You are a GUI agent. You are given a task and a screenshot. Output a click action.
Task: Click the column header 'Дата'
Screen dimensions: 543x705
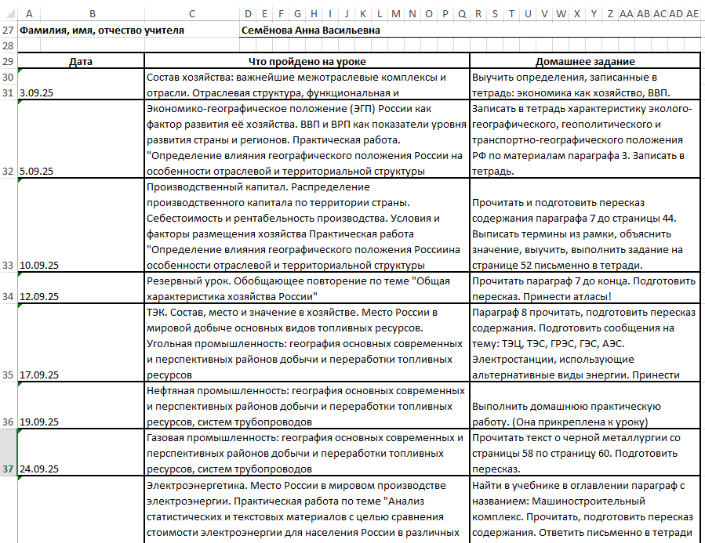pyautogui.click(x=81, y=61)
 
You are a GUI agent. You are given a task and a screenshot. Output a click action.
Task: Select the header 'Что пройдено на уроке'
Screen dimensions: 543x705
pyautogui.click(x=307, y=61)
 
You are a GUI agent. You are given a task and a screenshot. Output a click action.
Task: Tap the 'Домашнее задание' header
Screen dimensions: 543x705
pyautogui.click(x=584, y=61)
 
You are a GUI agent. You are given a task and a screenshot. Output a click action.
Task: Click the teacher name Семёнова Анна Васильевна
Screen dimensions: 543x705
pyautogui.click(x=312, y=31)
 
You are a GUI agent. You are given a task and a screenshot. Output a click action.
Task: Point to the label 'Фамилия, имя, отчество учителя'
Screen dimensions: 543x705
pyautogui.click(x=102, y=31)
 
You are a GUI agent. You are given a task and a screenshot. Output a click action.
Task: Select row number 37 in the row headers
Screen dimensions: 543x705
pyautogui.click(x=8, y=469)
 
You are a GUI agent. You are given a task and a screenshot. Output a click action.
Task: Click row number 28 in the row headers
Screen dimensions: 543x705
pyautogui.click(x=8, y=46)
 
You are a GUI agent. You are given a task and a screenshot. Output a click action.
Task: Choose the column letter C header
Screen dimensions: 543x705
pyautogui.click(x=193, y=13)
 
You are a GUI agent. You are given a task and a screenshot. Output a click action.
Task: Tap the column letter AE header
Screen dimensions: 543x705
pyautogui.click(x=692, y=13)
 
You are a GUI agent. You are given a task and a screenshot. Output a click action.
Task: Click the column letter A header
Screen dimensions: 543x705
pyautogui.click(x=28, y=13)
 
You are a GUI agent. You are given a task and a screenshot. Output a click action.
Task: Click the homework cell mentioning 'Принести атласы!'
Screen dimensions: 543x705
pyautogui.click(x=584, y=288)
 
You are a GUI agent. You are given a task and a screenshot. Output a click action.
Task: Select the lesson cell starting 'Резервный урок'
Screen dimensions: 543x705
pyautogui.click(x=307, y=288)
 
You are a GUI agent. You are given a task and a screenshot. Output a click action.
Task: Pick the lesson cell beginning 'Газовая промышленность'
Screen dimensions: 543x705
pyautogui.click(x=307, y=453)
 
